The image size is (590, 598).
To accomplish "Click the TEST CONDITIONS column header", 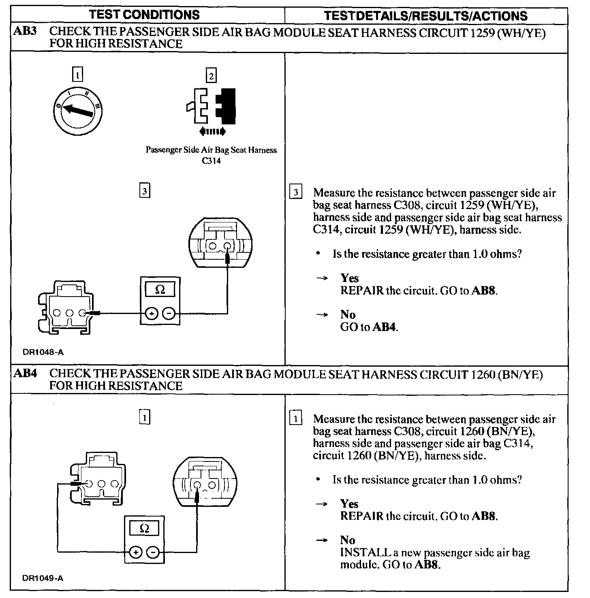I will pos(144,15).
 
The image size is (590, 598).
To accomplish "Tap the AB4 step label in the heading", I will pos(25,373).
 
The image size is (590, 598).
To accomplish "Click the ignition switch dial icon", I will pos(78,110).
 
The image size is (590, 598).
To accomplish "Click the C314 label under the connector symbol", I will pos(211,161).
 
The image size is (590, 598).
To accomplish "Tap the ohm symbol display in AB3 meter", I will pos(160,290).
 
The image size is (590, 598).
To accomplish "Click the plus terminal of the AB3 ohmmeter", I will pos(152,313).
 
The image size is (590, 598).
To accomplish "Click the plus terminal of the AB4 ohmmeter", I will pos(135,552).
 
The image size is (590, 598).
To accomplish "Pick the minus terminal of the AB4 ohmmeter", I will pos(152,552).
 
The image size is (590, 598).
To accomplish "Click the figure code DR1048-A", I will pos(43,352).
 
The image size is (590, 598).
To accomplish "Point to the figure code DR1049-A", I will pos(43,578).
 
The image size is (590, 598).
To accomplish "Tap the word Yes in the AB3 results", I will pos(349,278).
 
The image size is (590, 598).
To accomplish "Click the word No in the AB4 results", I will pos(348,540).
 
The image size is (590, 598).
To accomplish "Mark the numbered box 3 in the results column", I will pos(296,192).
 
